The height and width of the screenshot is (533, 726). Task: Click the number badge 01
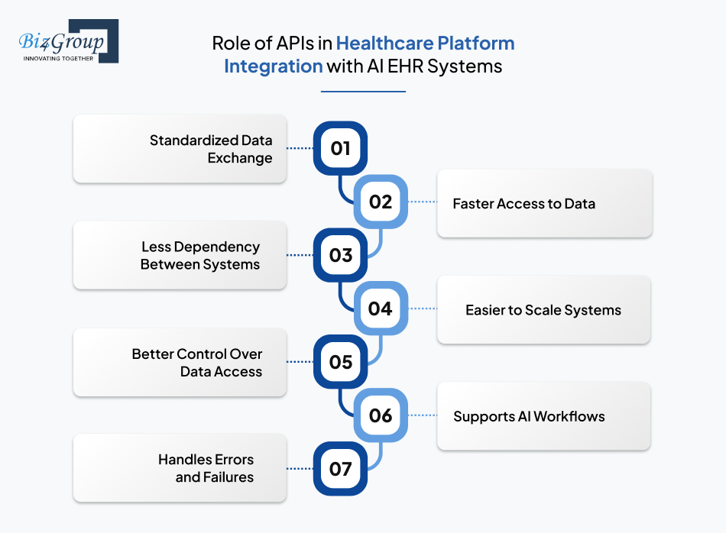coord(340,148)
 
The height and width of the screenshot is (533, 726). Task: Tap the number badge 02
coord(380,202)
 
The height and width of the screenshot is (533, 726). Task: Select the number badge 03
coord(340,255)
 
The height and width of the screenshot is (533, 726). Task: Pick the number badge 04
coord(380,308)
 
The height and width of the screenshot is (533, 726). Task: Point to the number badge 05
coord(340,362)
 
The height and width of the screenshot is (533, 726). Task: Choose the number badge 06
coord(380,415)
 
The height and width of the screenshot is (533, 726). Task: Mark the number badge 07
coord(340,468)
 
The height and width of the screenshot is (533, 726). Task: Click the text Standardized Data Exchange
coord(211,149)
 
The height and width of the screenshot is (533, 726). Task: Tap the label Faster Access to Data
coord(523,204)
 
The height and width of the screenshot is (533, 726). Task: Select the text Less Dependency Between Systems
coord(200,256)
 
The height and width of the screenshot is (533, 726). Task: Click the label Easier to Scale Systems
coord(543,310)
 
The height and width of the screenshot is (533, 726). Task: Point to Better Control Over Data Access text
coord(197,363)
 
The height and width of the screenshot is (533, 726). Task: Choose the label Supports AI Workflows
coord(529,416)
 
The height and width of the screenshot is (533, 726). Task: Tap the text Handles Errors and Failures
coord(206,468)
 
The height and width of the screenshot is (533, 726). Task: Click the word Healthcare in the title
coord(383,44)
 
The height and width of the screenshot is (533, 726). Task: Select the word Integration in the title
coord(273,66)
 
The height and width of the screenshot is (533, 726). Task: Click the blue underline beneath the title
coord(363,92)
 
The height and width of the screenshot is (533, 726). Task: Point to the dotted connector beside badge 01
coord(300,148)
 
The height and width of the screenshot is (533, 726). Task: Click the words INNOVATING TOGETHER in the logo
coord(58,58)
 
